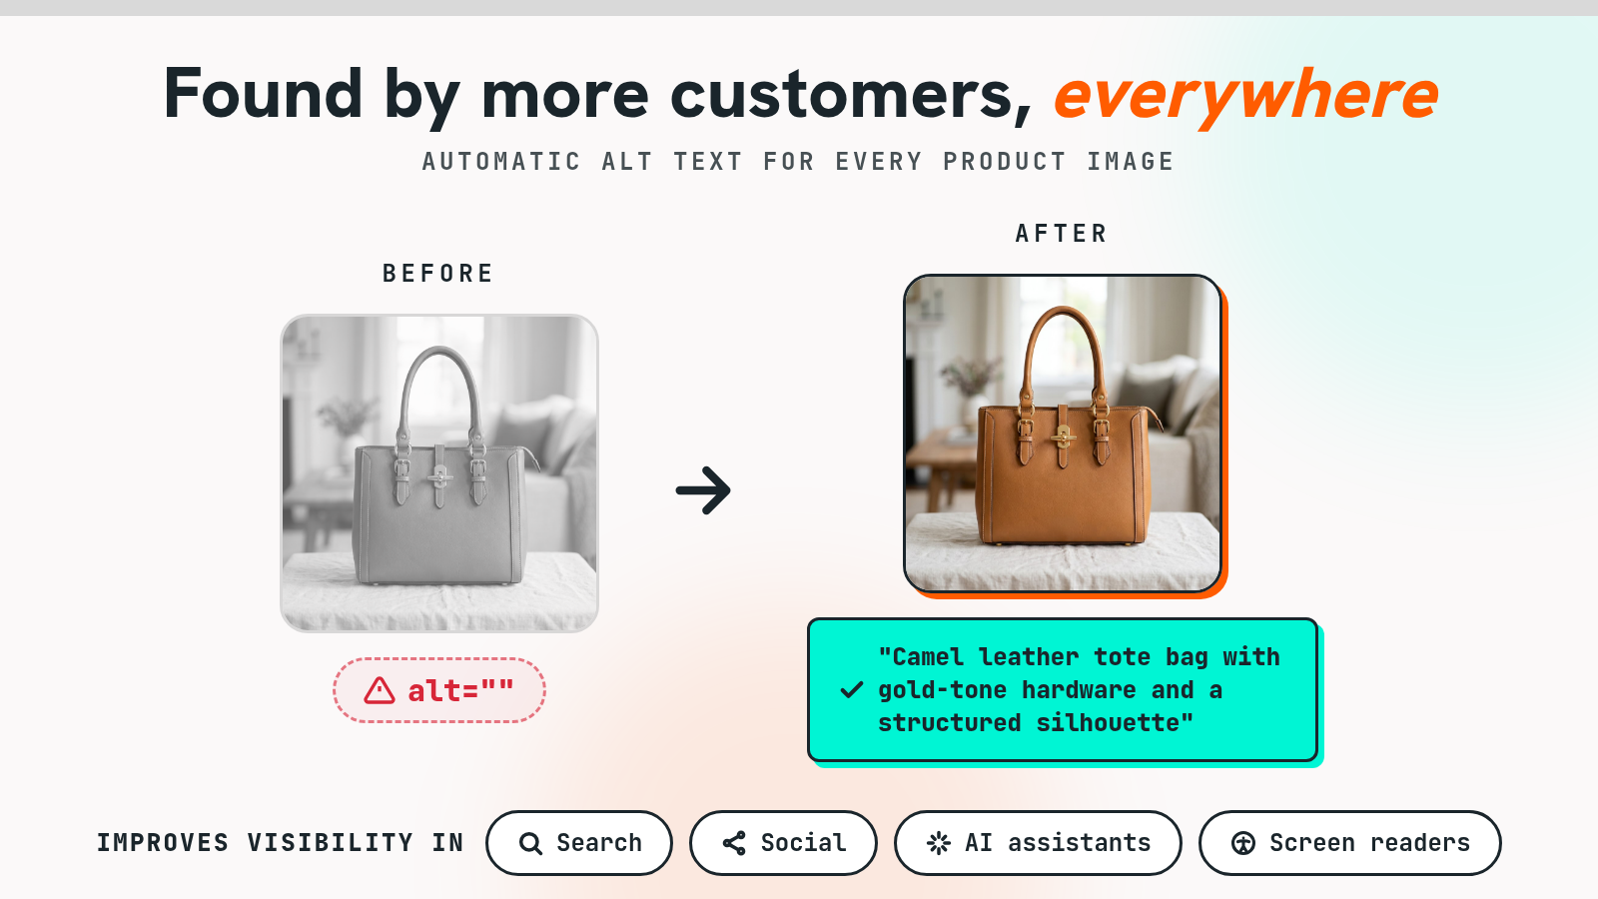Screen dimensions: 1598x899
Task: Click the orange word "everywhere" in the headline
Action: click(1246, 96)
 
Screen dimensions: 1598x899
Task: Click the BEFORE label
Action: click(438, 274)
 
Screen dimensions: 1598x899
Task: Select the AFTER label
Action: click(1062, 234)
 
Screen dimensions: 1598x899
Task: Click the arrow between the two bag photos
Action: click(703, 490)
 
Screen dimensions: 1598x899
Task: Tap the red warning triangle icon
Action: click(379, 690)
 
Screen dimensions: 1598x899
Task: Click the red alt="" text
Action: click(460, 690)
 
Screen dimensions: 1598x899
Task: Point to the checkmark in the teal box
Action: click(852, 690)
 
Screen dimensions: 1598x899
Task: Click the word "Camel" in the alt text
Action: click(928, 656)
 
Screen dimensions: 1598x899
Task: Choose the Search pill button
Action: click(579, 843)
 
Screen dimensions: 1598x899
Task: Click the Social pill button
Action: click(783, 843)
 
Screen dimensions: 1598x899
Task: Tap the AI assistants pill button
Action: click(1038, 843)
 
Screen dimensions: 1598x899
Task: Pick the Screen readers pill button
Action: click(1349, 843)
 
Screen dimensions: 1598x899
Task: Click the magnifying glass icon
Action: click(530, 843)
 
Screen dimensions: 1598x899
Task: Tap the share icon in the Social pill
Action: click(734, 843)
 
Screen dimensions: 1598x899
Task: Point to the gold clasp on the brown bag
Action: click(1064, 436)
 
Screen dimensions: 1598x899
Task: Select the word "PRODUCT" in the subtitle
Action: click(1005, 162)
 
